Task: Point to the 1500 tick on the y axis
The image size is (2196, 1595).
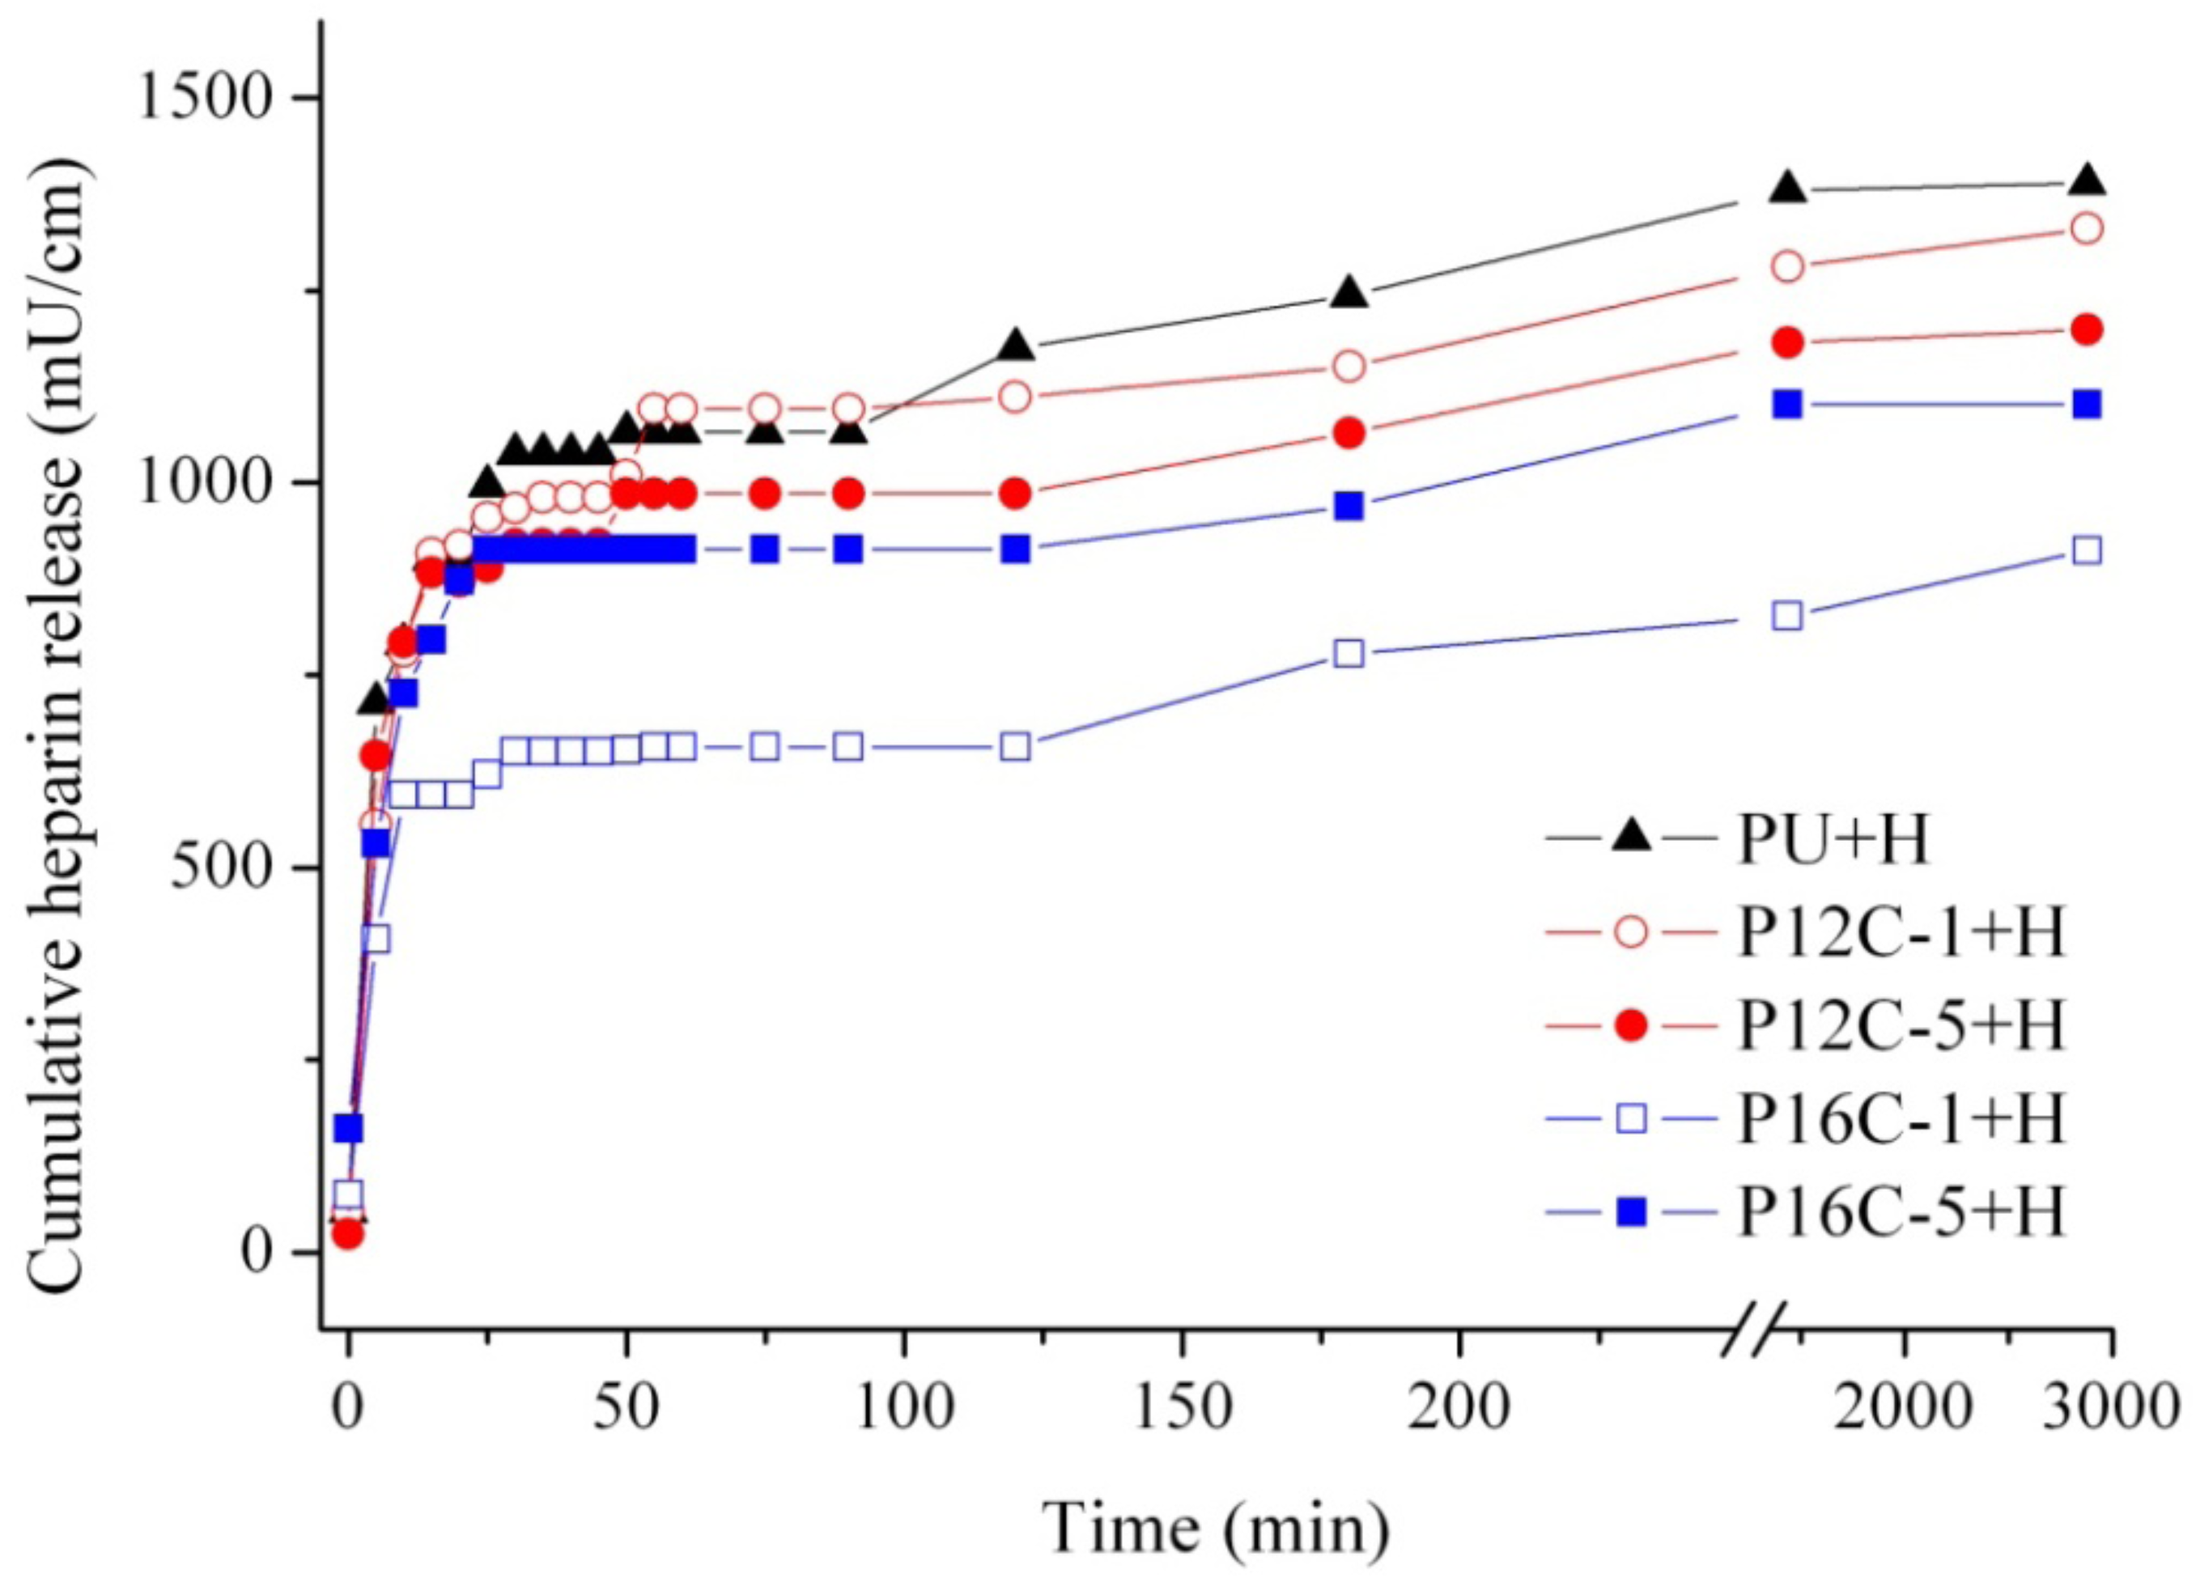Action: coord(202,98)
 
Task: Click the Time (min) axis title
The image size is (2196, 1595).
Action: coord(1216,1530)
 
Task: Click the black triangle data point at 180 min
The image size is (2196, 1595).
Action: coord(1349,292)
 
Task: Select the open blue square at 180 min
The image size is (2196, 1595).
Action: coord(1349,653)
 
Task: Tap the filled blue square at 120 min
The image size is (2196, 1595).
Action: coord(1015,549)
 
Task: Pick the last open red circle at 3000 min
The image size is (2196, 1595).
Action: coord(2088,228)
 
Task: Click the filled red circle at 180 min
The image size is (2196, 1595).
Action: coord(1349,433)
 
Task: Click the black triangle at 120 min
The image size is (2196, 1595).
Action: coord(1015,345)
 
